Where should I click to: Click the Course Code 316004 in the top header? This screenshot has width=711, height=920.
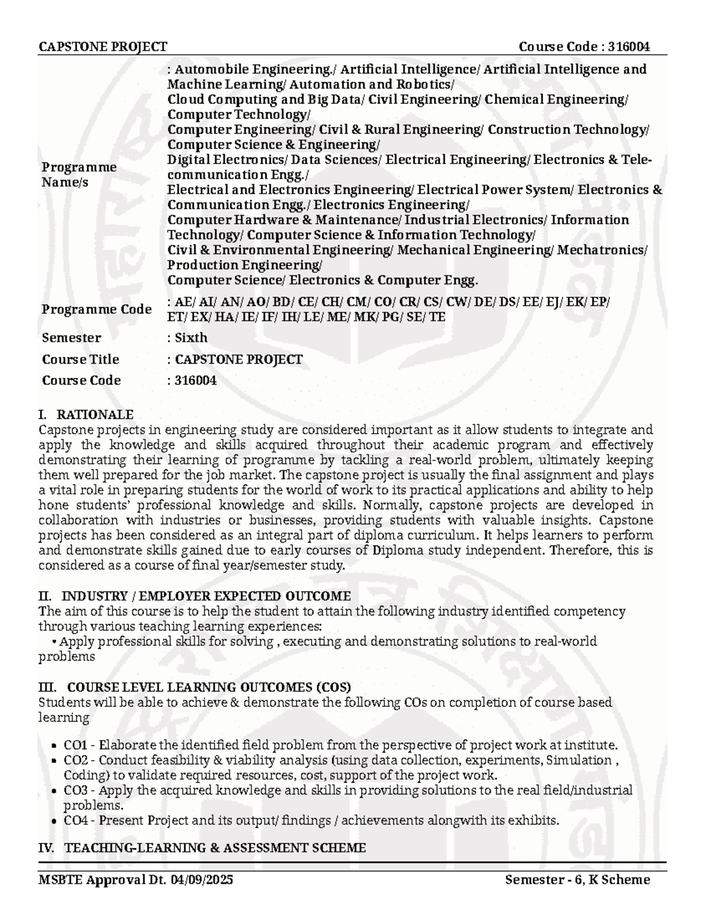(x=584, y=47)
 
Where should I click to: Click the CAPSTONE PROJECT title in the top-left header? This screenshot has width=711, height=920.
(x=103, y=47)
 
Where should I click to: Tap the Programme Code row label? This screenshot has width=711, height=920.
(x=97, y=309)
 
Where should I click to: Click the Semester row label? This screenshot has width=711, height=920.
(x=71, y=338)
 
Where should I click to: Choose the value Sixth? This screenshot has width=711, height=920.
(x=191, y=338)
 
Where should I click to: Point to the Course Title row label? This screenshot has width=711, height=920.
(x=80, y=359)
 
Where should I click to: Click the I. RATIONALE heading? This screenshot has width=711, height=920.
(x=86, y=414)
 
